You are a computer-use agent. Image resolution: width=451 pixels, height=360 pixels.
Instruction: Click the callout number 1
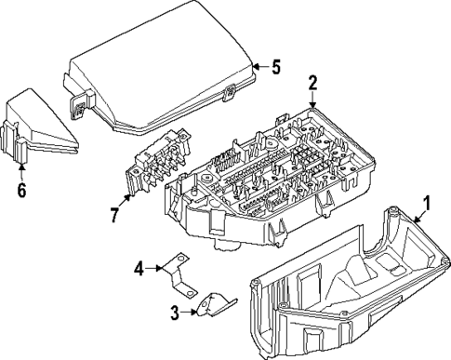[427, 227]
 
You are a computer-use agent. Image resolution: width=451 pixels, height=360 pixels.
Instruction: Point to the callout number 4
[139, 270]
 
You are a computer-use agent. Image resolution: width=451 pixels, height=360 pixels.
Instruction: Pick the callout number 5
[274, 66]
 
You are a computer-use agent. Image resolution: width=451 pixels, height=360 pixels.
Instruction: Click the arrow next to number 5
[259, 66]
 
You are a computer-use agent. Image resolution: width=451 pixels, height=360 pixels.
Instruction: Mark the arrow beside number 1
[415, 237]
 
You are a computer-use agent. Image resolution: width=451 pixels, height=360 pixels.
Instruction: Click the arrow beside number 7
[128, 204]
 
